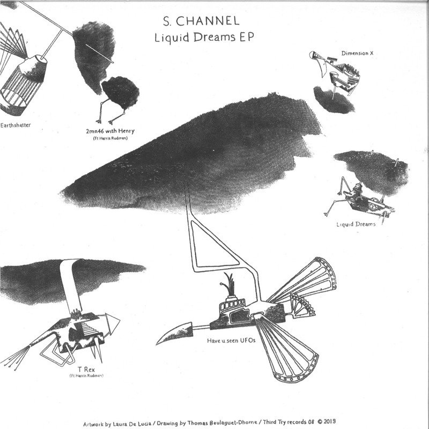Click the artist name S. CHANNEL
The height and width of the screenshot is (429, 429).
(201, 21)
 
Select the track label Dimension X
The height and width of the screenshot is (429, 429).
(357, 53)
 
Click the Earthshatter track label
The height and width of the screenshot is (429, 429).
(16, 125)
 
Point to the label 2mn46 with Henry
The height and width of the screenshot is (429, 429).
(110, 131)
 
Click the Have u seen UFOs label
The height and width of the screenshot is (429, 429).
(231, 341)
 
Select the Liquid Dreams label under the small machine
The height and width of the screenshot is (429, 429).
(356, 224)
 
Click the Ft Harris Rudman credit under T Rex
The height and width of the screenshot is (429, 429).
(86, 376)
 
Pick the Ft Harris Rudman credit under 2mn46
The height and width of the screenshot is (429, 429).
(110, 138)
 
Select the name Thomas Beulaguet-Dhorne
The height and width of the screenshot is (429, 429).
(222, 423)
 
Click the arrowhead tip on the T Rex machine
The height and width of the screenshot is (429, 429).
(119, 320)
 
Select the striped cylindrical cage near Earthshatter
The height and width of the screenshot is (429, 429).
(23, 85)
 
